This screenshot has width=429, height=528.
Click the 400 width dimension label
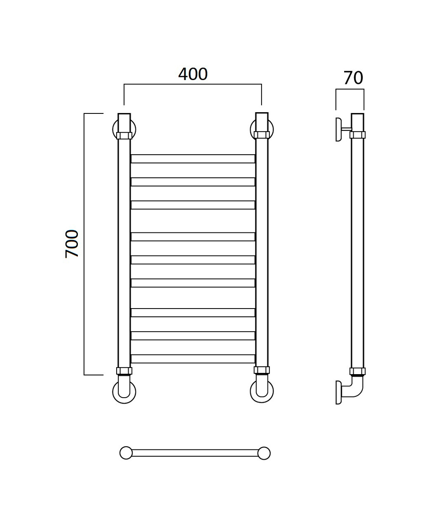pyautogui.click(x=193, y=74)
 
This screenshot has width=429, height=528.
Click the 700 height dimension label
pyautogui.click(x=72, y=244)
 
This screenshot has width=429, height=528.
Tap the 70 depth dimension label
pyautogui.click(x=353, y=78)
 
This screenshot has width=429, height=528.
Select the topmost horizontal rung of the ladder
pyautogui.click(x=193, y=159)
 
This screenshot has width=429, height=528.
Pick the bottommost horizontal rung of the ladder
pyautogui.click(x=193, y=359)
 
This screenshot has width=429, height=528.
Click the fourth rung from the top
pyautogui.click(x=193, y=236)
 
